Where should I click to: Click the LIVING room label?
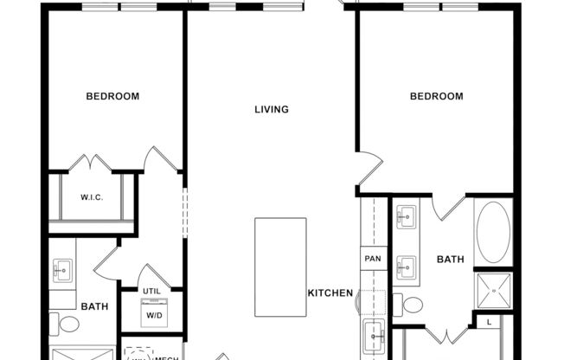271,110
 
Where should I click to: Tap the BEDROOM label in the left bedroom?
112,96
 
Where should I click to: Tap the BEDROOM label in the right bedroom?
436,96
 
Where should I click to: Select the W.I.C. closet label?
92,197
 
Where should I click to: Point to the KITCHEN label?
330,293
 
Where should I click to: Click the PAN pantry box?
373,259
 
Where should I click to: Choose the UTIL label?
152,291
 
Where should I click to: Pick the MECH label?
166,357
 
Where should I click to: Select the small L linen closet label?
490,323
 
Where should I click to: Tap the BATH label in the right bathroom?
450,259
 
